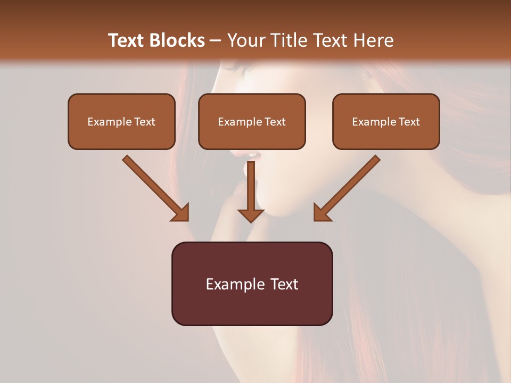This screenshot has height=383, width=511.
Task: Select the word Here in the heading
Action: tap(373, 40)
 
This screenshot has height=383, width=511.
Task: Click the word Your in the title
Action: tap(244, 40)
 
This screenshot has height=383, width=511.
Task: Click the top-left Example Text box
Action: tap(121, 121)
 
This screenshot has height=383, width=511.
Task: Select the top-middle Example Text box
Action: tap(252, 121)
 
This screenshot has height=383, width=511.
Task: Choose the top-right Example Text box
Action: tap(386, 121)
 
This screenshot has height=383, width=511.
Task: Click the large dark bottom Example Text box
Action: tap(252, 284)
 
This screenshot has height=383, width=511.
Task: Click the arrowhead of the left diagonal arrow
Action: tap(181, 213)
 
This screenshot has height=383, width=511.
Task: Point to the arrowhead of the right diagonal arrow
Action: tap(322, 213)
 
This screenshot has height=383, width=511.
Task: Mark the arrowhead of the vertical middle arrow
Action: tap(251, 215)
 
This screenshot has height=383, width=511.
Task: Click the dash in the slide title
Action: tap(216, 41)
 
